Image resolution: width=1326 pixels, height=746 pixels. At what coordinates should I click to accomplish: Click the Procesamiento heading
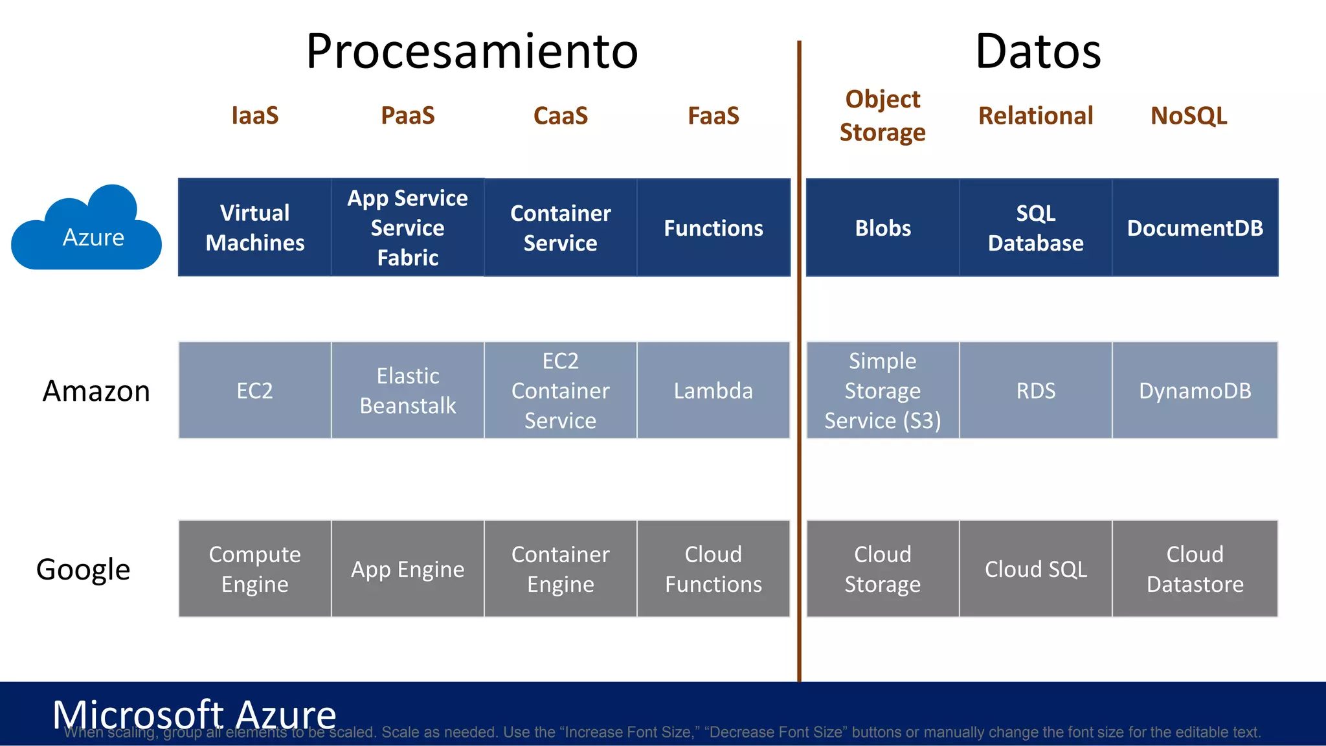tap(472, 52)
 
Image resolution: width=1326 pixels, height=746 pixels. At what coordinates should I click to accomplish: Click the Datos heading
tap(1038, 52)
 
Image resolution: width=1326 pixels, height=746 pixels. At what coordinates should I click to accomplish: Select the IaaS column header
tap(255, 116)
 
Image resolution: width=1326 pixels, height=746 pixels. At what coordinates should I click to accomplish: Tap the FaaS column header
tap(714, 116)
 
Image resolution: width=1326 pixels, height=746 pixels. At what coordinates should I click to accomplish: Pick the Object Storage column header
tap(882, 116)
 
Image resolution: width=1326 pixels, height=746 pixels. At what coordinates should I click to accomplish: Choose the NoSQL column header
tap(1189, 116)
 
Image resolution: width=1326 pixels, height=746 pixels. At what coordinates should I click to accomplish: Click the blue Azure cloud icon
tap(87, 230)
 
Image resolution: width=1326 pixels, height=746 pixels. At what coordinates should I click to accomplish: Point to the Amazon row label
tap(96, 391)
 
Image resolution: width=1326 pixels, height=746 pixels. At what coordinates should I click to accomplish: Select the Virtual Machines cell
tap(255, 228)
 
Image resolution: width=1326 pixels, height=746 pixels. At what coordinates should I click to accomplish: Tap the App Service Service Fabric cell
tap(408, 228)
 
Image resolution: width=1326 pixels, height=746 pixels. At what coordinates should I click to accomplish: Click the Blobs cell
tap(882, 228)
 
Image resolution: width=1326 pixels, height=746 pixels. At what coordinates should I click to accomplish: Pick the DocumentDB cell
tap(1195, 228)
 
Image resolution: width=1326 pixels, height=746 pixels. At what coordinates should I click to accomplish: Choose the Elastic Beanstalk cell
tap(408, 390)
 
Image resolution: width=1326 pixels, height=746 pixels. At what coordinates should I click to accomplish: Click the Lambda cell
tap(714, 390)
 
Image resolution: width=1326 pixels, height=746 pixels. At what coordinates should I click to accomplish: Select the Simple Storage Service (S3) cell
tap(882, 390)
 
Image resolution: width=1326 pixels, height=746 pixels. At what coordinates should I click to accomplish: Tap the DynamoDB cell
tap(1195, 390)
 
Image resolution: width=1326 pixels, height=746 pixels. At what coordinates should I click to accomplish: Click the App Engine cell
tap(408, 569)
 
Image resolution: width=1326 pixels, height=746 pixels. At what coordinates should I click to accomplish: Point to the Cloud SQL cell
tap(1036, 569)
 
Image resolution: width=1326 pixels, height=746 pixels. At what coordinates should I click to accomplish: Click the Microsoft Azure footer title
tap(194, 714)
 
